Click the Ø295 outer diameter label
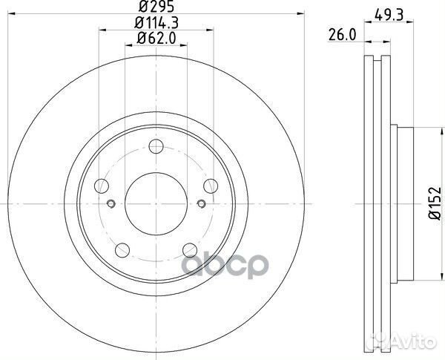click(156, 7)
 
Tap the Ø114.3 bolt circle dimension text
click(156, 23)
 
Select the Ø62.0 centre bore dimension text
click(156, 38)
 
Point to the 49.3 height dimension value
click(389, 15)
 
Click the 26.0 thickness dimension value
click(342, 35)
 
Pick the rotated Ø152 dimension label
click(435, 203)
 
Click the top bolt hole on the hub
click(156, 146)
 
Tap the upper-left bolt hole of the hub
click(102, 186)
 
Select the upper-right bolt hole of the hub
click(211, 186)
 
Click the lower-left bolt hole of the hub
click(122, 250)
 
